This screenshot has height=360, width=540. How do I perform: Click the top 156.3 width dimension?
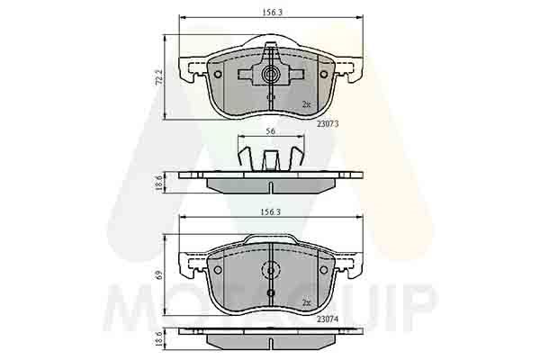point(272,13)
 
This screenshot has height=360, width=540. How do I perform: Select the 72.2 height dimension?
point(158,77)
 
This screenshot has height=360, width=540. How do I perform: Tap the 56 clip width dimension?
point(271,131)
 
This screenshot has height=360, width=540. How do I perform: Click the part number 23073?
point(328,123)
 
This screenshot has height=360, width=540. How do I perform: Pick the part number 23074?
point(328,319)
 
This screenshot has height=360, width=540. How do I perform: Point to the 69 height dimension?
point(159,275)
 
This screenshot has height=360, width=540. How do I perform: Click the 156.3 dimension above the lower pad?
point(270,211)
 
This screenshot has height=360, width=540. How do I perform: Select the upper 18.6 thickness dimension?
point(158,183)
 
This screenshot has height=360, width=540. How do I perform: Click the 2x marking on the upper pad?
point(306,104)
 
